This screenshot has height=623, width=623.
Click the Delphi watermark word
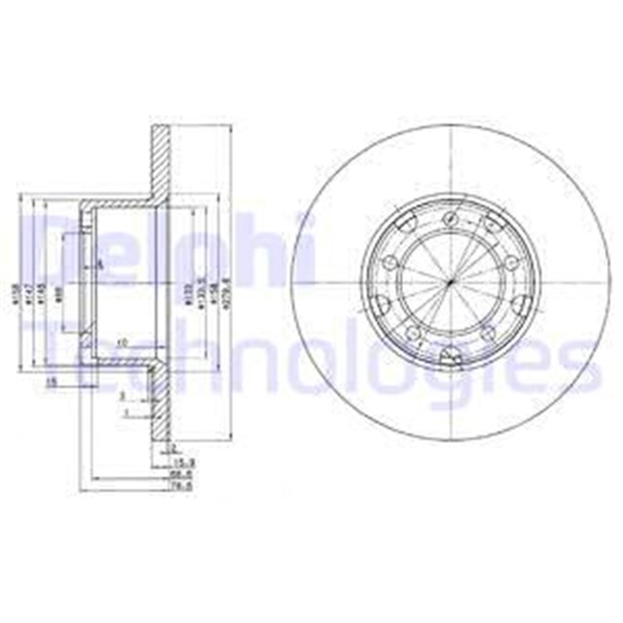[x=165, y=248]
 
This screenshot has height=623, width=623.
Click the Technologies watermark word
[x=321, y=365]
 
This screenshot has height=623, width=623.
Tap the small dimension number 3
[x=121, y=398]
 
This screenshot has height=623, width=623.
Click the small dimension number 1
[x=127, y=414]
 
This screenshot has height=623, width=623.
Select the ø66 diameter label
[x=60, y=291]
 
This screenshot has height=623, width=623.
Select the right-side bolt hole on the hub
[x=510, y=262]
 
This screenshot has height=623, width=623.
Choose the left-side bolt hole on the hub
[x=390, y=262]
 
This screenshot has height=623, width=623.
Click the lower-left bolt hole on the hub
[x=413, y=333]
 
